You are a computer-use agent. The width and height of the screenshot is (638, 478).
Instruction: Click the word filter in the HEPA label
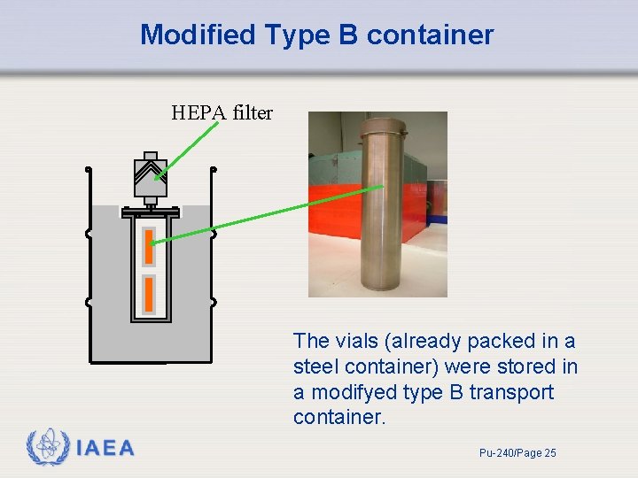[x=253, y=112]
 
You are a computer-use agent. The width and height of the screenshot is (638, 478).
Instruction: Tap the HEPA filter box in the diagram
[x=150, y=178]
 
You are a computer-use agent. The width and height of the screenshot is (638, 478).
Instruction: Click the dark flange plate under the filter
[x=150, y=213]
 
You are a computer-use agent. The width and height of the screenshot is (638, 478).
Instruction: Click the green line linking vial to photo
[x=266, y=212]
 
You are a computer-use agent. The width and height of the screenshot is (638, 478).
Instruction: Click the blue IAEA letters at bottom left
[x=105, y=448]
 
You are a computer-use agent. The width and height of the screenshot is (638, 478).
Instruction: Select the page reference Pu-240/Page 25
[x=517, y=453]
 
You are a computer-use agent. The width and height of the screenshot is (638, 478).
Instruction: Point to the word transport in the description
[x=510, y=392]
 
